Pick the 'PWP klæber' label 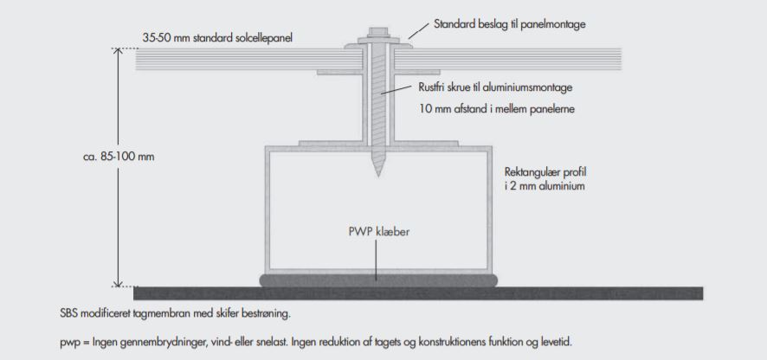pos(374,232)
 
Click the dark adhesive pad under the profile pos(378,280)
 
